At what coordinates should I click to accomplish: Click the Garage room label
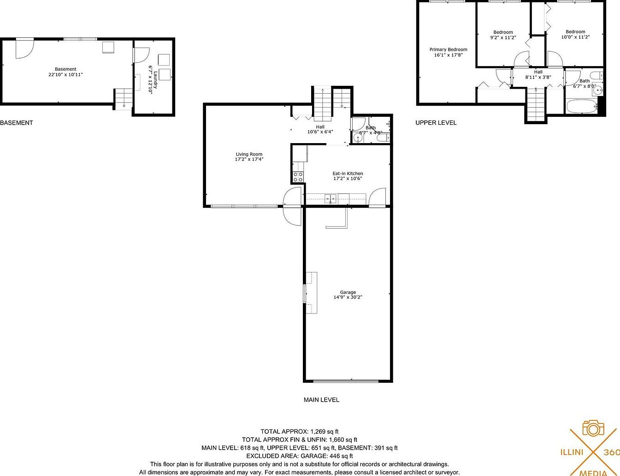point(348,292)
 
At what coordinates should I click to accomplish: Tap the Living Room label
point(249,154)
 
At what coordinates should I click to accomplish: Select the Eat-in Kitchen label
point(348,174)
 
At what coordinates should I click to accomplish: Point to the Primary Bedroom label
point(448,49)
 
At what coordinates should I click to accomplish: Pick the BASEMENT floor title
point(17,123)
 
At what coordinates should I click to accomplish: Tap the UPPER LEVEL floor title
point(436,123)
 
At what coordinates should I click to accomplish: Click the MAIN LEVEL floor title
point(321,400)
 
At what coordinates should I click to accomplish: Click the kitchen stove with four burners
point(298,177)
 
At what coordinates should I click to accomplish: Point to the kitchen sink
point(331,199)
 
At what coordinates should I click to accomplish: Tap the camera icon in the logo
point(593,428)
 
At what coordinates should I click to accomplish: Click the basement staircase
point(124,98)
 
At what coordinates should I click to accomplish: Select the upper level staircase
point(536,104)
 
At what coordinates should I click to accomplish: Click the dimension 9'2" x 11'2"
point(503,38)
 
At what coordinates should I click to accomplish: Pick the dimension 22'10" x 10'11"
point(65,74)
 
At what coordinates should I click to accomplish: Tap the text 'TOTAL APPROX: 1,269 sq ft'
point(300,432)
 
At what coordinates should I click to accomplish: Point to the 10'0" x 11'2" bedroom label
point(575,32)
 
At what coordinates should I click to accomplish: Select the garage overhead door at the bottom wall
point(346,381)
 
